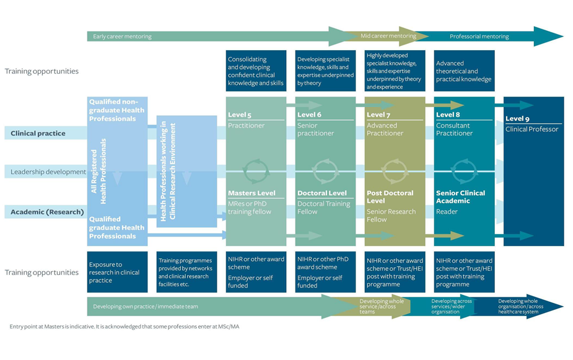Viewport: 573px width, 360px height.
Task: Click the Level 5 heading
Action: point(240,115)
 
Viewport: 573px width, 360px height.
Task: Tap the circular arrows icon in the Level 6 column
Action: point(325,170)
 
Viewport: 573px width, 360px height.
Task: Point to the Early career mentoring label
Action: point(122,37)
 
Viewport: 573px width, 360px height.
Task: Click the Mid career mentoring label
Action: point(388,36)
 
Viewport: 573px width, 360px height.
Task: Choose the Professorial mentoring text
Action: point(479,37)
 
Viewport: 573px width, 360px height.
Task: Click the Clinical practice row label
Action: point(38,133)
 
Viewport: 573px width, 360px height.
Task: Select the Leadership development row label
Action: point(48,172)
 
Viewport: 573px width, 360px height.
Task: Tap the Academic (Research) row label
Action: point(47,212)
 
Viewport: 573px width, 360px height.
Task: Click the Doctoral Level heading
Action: point(322,193)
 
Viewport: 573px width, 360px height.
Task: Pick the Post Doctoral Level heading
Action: point(390,196)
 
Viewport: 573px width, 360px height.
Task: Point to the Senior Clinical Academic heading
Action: point(460,196)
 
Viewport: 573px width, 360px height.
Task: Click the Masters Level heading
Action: point(252,193)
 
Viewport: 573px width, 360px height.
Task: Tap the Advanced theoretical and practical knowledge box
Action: point(464,71)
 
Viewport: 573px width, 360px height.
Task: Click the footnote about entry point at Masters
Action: point(124,327)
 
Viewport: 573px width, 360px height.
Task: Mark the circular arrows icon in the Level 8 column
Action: point(464,170)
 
